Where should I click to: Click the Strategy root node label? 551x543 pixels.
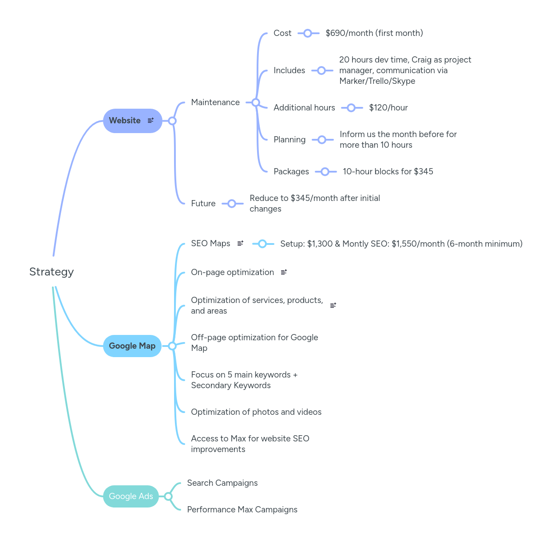point(52,272)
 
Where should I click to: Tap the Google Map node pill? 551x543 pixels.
point(132,346)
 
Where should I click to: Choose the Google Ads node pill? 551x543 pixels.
point(131,496)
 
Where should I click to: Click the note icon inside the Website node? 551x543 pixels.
point(151,120)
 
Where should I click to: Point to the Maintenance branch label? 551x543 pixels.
point(215,102)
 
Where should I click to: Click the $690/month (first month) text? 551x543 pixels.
point(374,33)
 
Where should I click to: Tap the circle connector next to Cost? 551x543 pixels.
point(308,33)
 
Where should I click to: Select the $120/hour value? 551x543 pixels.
point(388,108)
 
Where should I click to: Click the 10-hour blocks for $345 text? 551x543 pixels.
point(388,172)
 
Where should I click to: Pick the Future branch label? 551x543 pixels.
point(203,204)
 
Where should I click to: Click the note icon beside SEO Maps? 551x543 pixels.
point(240,244)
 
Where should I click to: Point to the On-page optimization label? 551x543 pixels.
point(232,272)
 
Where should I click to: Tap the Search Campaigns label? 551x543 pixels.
point(222,483)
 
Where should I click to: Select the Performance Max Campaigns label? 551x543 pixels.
point(242,510)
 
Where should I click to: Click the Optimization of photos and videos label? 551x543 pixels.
point(256,412)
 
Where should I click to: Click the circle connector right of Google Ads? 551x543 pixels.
point(168,496)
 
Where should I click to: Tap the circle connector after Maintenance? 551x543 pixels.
point(256,102)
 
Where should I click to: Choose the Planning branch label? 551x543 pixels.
point(289,140)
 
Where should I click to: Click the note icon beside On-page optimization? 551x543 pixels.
point(284,272)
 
